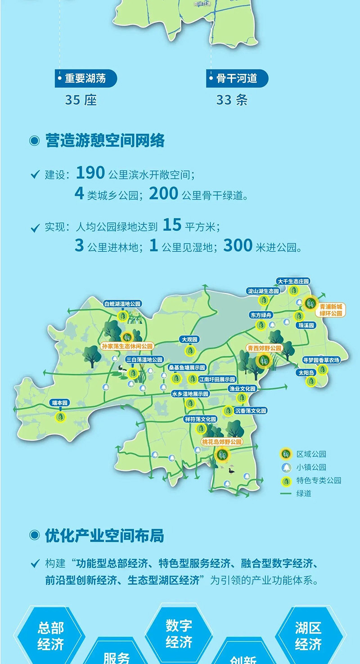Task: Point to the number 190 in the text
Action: [90, 172]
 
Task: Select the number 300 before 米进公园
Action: [238, 246]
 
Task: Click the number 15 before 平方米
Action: [172, 225]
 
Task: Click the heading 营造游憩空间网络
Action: [105, 140]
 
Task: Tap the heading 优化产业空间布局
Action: [104, 536]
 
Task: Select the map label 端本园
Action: [59, 403]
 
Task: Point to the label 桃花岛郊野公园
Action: [222, 442]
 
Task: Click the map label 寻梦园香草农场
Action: [321, 360]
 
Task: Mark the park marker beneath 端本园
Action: [60, 417]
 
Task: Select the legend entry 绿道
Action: [304, 493]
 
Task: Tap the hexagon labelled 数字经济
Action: [179, 633]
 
